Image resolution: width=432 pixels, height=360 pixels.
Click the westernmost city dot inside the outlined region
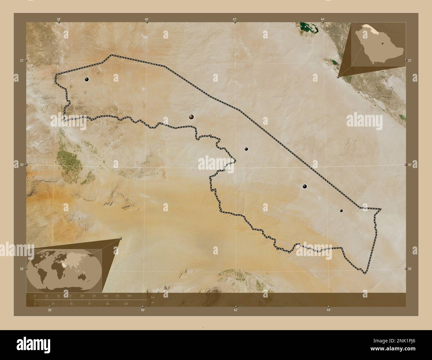click(x=86, y=79)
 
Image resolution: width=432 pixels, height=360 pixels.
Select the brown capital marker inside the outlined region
click(x=191, y=117)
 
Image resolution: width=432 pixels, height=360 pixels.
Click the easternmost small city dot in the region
click(x=341, y=210)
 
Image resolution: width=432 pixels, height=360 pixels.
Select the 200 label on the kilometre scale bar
click(x=129, y=296)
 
